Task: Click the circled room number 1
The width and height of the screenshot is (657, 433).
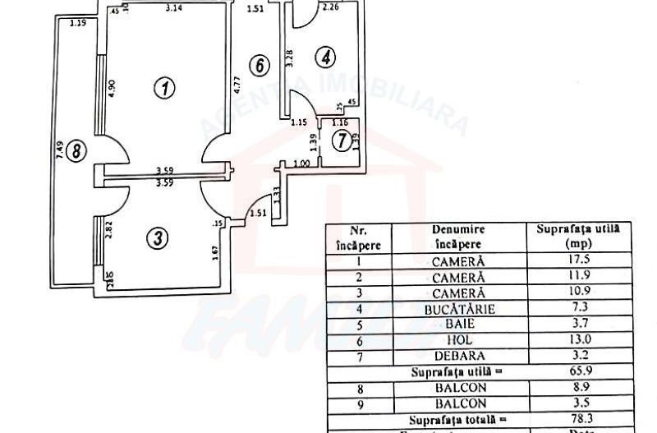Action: pyautogui.click(x=166, y=87)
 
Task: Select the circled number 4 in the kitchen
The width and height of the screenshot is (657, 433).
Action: pyautogui.click(x=326, y=58)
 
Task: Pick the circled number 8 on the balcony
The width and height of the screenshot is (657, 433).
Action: pyautogui.click(x=76, y=151)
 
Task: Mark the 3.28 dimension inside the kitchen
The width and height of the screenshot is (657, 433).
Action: pyautogui.click(x=289, y=59)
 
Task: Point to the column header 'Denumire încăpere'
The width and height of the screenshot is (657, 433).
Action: pyautogui.click(x=457, y=237)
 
